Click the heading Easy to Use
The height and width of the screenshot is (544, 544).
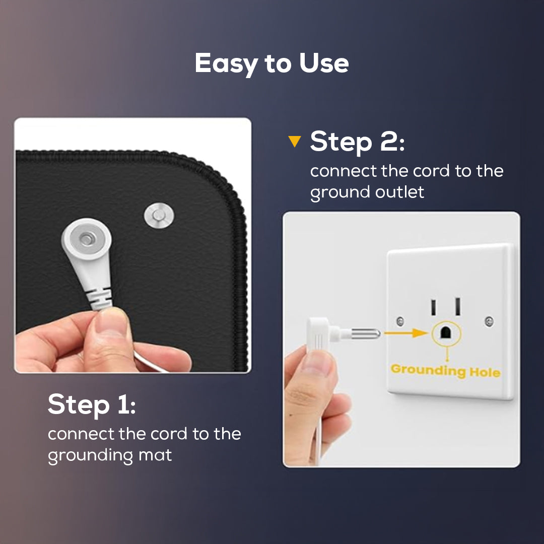click(x=271, y=64)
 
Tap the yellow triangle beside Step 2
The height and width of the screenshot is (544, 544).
click(x=295, y=141)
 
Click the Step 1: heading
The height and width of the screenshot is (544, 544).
click(x=92, y=404)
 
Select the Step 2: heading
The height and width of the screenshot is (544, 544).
click(x=357, y=142)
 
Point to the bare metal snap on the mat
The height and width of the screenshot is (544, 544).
click(x=159, y=216)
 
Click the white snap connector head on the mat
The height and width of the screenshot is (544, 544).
click(x=87, y=239)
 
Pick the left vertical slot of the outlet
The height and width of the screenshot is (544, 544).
click(x=433, y=307)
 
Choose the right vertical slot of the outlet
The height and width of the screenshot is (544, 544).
click(x=458, y=306)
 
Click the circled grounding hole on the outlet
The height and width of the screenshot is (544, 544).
click(x=446, y=333)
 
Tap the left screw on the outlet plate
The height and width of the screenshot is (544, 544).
click(x=400, y=321)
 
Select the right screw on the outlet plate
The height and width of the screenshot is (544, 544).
click(x=489, y=321)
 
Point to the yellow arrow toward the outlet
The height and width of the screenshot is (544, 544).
click(x=406, y=333)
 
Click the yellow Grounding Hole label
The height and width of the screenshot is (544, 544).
click(x=445, y=371)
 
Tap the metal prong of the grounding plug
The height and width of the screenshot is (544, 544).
click(x=366, y=334)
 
